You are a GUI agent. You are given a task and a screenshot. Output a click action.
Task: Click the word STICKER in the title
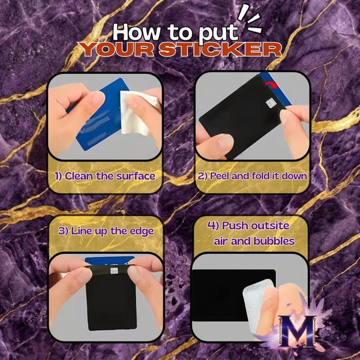[220, 49]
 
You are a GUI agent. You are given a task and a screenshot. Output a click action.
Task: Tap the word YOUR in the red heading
[116, 49]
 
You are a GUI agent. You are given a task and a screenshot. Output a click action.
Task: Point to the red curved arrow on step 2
[271, 85]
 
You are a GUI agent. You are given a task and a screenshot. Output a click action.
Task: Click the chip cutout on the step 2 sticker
[271, 103]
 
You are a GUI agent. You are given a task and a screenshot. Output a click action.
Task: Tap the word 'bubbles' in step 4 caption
[274, 241]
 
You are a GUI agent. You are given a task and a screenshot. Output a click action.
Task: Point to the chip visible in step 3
[114, 271]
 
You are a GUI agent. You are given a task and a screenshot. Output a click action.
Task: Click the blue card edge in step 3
[110, 260]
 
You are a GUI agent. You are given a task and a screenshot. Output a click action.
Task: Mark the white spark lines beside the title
[250, 20]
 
